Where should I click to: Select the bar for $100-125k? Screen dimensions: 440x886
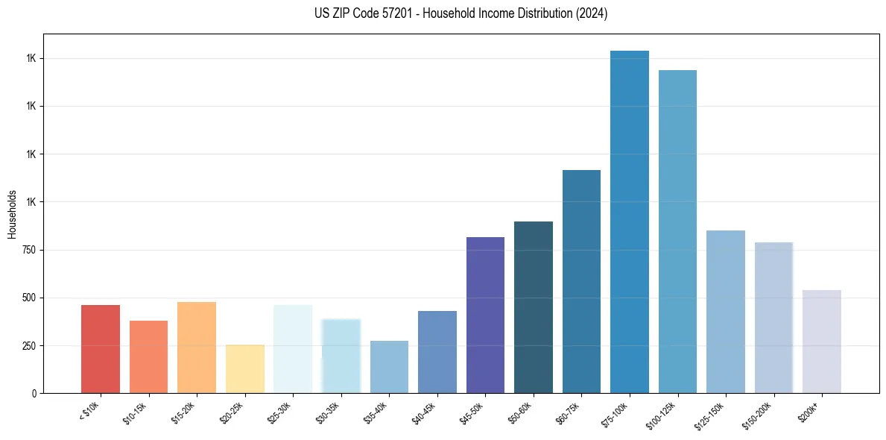click(x=677, y=232)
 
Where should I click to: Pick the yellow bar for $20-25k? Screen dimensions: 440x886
click(x=245, y=369)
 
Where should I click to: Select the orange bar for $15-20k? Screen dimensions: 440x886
click(x=197, y=348)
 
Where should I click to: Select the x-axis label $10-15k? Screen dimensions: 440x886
click(x=136, y=412)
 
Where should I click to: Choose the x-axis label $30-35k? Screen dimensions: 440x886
click(x=328, y=412)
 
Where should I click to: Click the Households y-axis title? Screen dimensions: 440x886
click(x=12, y=214)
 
